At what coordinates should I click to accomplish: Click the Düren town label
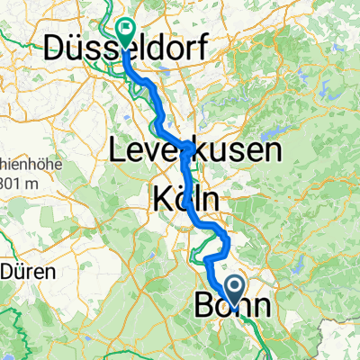pyautogui.click(x=27, y=269)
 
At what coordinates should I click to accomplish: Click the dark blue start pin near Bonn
pyautogui.click(x=236, y=290)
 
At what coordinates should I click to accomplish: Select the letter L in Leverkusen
pyautogui.click(x=115, y=150)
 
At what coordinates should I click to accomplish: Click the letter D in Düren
pyautogui.click(x=8, y=269)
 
